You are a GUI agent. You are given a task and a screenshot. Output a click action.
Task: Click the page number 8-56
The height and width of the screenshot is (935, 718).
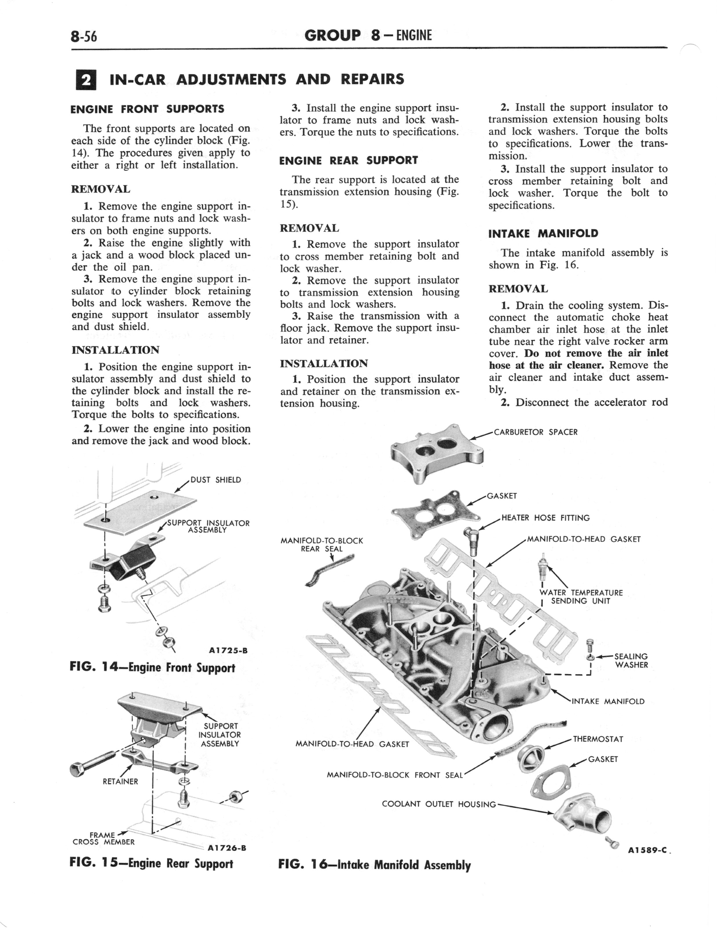pos(84,37)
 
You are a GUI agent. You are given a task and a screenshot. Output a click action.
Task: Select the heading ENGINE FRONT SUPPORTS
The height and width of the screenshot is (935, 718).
pos(147,109)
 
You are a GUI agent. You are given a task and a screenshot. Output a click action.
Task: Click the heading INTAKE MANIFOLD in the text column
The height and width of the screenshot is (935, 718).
pos(543,233)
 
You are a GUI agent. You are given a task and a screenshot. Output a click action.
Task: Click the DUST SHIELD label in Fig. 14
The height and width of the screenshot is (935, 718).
pos(215,480)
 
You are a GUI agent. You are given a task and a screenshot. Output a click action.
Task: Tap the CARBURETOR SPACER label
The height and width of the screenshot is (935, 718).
pos(536,432)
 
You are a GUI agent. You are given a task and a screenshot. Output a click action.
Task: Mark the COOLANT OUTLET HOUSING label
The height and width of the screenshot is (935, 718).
pos(439,804)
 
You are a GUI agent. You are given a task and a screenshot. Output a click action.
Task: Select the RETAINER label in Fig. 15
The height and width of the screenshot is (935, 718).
pos(120,782)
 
